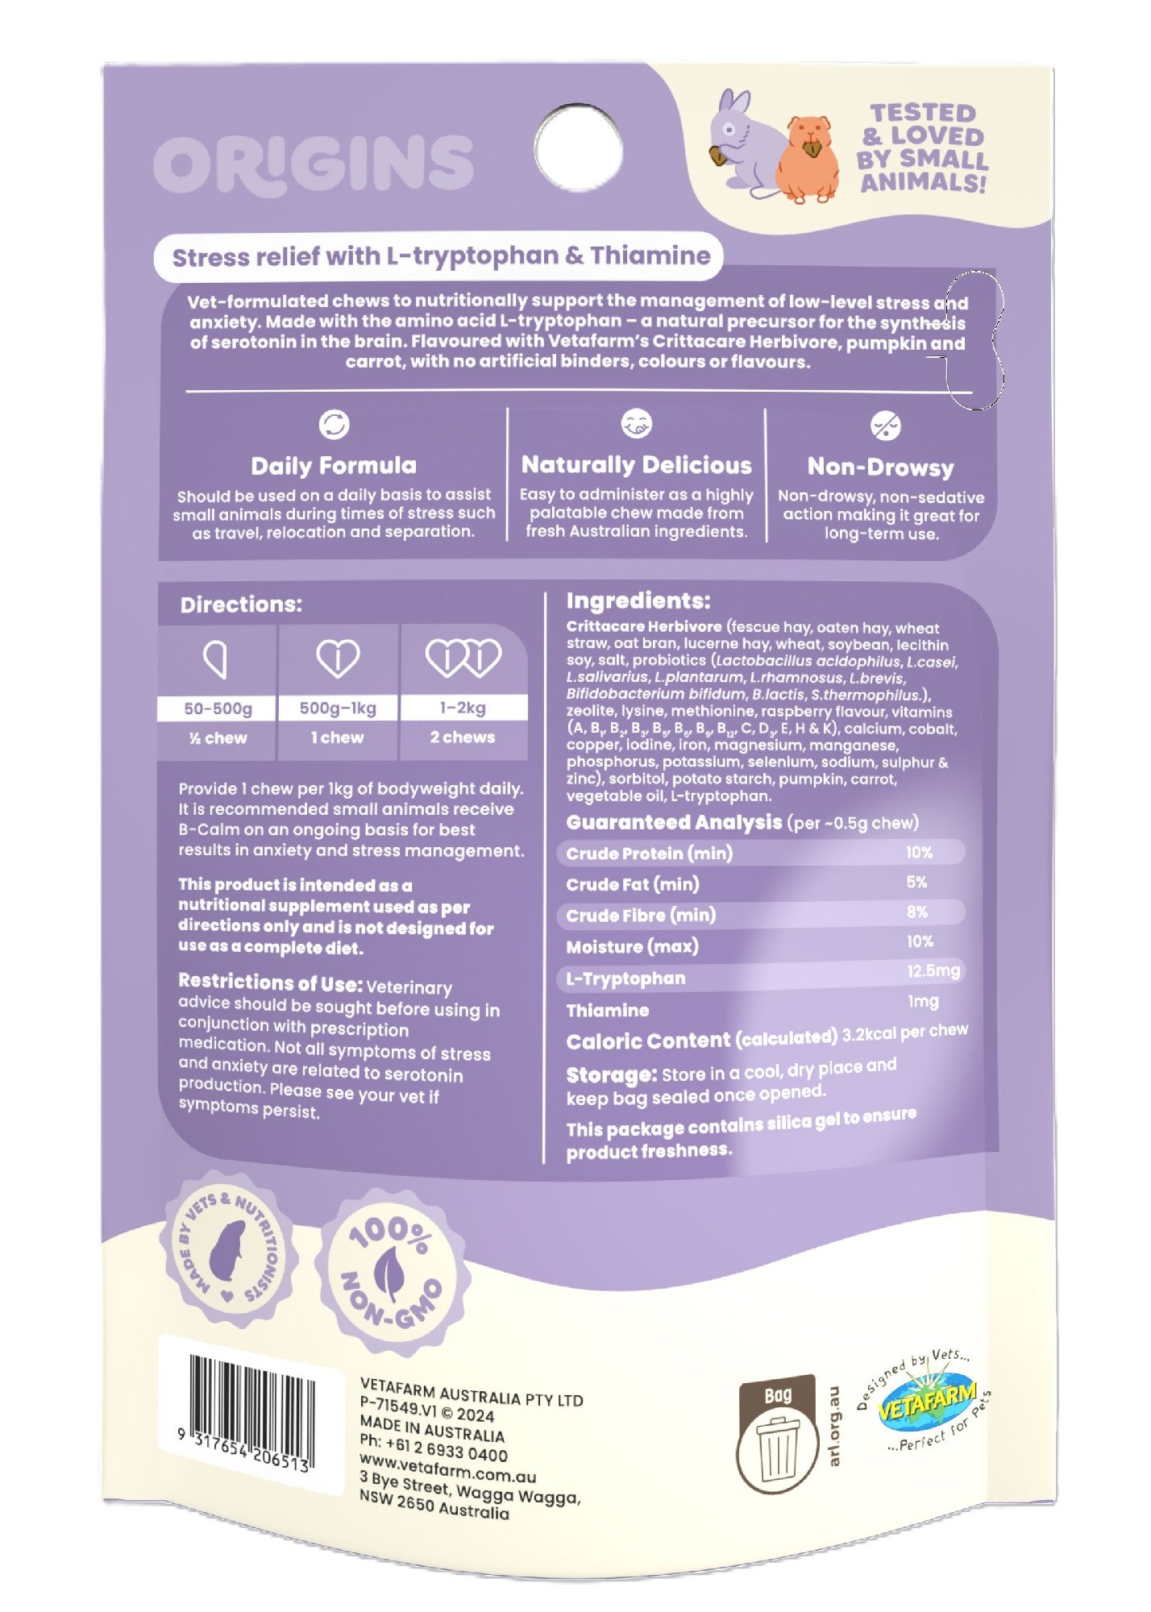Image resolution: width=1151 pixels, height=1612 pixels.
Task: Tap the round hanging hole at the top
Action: (x=579, y=151)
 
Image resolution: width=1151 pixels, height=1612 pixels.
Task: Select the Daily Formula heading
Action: (x=334, y=466)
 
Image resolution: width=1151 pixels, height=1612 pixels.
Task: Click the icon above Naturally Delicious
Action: (x=637, y=424)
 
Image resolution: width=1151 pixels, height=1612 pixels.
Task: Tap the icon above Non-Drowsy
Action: (x=886, y=426)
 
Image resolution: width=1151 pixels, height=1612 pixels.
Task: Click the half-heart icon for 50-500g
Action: (x=216, y=660)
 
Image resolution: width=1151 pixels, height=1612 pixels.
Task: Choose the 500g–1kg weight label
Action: (x=338, y=708)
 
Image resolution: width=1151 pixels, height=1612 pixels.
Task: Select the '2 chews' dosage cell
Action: (x=463, y=737)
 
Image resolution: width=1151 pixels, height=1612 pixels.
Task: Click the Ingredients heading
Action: (x=638, y=600)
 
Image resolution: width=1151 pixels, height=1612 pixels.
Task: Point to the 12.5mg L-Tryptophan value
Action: (x=933, y=971)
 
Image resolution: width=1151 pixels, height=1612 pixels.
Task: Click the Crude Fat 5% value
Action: (x=916, y=883)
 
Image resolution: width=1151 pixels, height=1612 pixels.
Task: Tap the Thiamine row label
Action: (x=608, y=1011)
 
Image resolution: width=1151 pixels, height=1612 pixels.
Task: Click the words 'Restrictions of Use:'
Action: (x=270, y=983)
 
